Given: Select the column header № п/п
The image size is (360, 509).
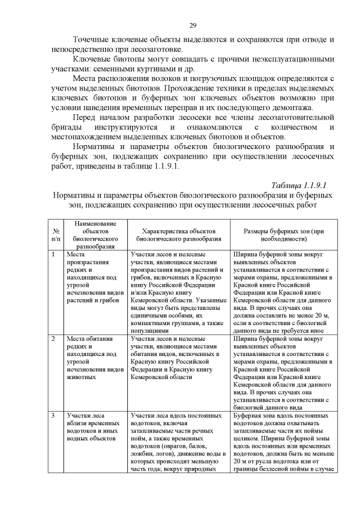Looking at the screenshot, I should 56,235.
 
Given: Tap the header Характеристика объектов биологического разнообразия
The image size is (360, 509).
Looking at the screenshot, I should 179,235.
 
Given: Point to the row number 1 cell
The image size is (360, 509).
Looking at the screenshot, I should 53,255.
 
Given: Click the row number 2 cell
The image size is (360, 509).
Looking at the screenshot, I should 53,339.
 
